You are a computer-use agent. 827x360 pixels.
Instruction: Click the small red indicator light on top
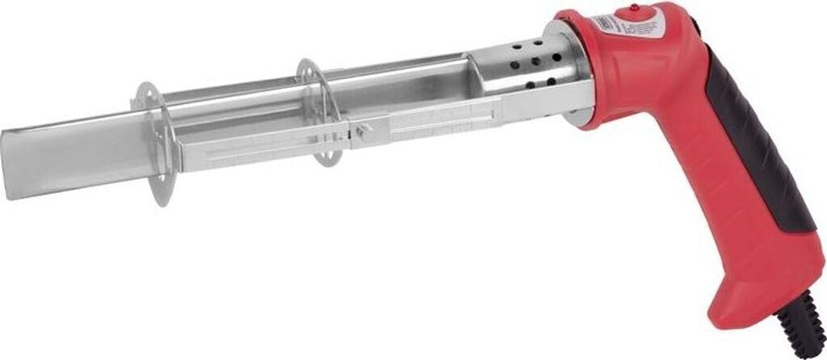[x=634, y=8]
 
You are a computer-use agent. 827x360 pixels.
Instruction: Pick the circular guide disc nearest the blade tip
[x=153, y=141]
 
